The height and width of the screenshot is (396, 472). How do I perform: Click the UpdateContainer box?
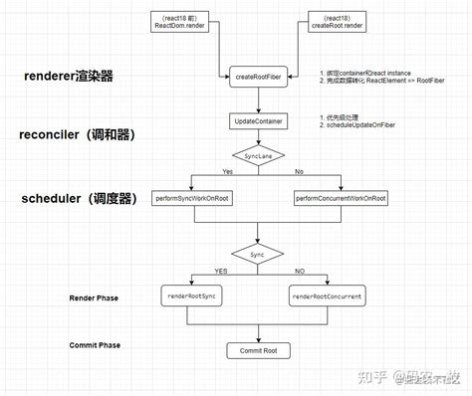coord(258,120)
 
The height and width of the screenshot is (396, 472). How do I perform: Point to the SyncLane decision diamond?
coord(258,155)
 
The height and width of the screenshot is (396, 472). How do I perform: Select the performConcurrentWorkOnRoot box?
coord(341,199)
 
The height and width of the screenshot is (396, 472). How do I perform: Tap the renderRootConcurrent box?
coord(327,297)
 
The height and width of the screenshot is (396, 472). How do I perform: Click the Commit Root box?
coord(258,351)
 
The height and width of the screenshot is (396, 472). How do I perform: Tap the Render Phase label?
coord(96,297)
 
